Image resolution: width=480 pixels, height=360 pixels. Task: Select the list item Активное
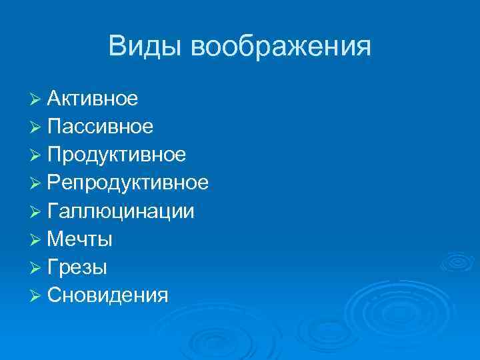tap(93, 99)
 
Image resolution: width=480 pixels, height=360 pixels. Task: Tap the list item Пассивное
tap(101, 127)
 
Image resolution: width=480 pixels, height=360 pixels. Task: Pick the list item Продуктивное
tap(117, 155)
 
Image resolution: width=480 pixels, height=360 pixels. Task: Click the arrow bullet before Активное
tap(36, 100)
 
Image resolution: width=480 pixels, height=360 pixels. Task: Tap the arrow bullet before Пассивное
tap(36, 128)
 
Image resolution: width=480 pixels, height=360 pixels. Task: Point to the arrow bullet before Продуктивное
tap(36, 156)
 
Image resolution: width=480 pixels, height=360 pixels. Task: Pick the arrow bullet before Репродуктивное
tap(36, 184)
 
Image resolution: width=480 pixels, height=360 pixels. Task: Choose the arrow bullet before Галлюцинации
tap(36, 212)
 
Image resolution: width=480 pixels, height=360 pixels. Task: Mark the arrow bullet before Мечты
tap(36, 240)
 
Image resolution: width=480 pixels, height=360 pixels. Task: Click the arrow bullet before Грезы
tap(36, 268)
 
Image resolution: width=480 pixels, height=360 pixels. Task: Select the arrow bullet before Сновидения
tap(36, 296)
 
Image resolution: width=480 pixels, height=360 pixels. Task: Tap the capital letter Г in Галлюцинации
tap(53, 211)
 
